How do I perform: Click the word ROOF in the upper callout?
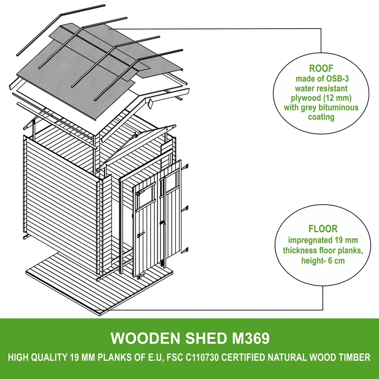(x=321, y=68)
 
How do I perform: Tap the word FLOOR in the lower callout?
(x=323, y=229)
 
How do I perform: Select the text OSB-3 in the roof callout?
(x=338, y=79)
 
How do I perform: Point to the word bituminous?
(x=338, y=107)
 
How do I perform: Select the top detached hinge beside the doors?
(x=186, y=167)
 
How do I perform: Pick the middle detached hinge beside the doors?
(x=185, y=208)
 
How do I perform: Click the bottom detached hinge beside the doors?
(x=185, y=251)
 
